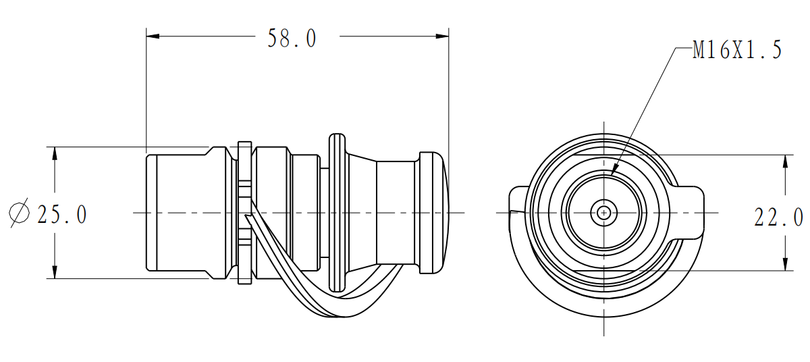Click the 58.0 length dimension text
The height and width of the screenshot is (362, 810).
tap(292, 38)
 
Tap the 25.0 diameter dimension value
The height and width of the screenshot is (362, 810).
tap(62, 215)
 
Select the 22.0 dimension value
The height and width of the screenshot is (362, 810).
tap(778, 217)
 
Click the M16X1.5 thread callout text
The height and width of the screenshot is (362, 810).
tap(737, 49)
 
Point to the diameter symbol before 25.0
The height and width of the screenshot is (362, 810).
tap(19, 213)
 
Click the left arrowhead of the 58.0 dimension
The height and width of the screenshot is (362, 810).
tap(153, 36)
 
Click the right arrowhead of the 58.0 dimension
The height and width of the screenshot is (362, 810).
tap(442, 36)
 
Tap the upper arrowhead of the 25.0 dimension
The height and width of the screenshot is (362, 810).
tap(55, 153)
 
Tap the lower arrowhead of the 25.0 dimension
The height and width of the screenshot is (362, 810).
tap(55, 272)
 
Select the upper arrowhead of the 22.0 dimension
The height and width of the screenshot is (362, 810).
tap(786, 161)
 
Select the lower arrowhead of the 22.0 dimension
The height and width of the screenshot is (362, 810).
tap(786, 263)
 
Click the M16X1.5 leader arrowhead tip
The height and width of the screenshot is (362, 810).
tap(611, 176)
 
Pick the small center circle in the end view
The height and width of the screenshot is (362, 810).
tap(603, 213)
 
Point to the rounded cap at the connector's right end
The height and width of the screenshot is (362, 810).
tap(434, 213)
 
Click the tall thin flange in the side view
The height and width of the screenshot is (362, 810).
tap(337, 213)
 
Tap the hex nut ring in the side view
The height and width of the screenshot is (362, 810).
tap(244, 213)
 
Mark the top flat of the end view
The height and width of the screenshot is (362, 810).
tap(603, 155)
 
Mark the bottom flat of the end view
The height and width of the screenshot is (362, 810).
tap(603, 271)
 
